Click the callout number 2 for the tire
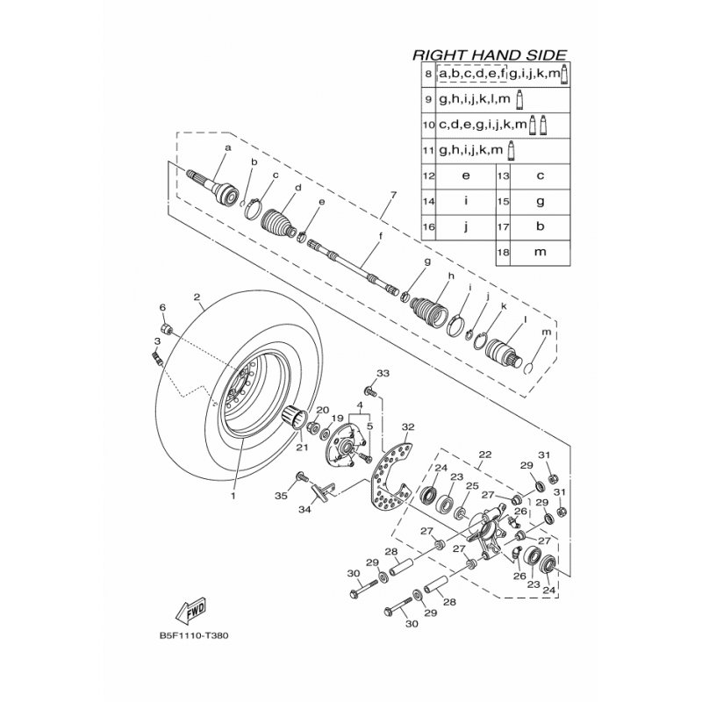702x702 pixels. (x=197, y=297)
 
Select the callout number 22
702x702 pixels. (x=484, y=454)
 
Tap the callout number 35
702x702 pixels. (x=282, y=496)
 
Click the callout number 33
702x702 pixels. (x=382, y=374)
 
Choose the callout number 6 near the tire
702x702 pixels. (x=162, y=307)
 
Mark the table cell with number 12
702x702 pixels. (x=429, y=175)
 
